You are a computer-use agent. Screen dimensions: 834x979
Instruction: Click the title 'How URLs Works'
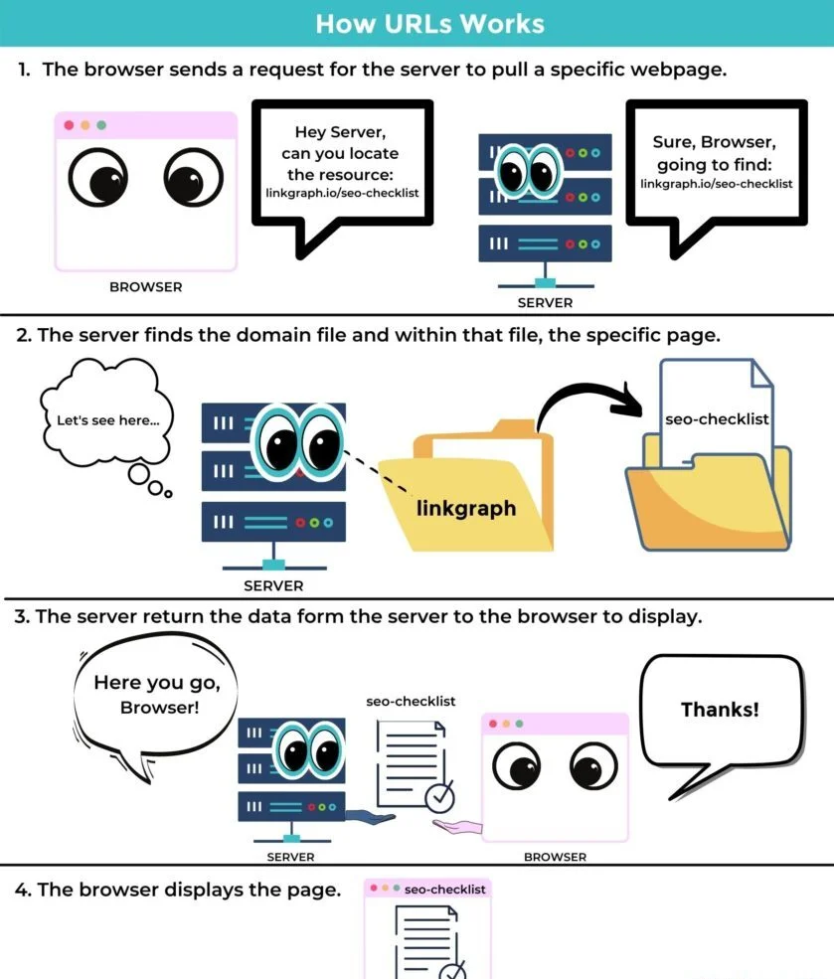[429, 24]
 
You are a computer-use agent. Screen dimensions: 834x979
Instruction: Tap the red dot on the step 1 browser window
[70, 125]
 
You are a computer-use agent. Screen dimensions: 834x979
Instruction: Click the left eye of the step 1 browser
[98, 178]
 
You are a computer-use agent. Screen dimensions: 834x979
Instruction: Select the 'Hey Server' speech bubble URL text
[342, 193]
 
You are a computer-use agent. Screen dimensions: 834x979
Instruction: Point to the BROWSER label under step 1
[146, 287]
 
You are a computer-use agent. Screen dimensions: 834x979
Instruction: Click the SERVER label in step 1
[545, 303]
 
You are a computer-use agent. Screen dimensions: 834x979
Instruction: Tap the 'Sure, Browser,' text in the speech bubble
[715, 142]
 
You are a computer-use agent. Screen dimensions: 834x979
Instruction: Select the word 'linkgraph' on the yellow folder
[466, 508]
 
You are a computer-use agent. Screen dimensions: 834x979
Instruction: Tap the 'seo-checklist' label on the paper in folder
[717, 419]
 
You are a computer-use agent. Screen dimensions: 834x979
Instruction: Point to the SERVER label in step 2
[273, 586]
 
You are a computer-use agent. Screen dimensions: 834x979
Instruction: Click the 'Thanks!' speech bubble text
[720, 710]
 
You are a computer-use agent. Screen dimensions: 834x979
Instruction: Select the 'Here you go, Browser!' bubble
[156, 696]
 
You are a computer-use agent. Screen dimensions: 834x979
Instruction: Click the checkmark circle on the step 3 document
[439, 797]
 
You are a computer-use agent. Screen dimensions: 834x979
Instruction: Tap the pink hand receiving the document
[457, 827]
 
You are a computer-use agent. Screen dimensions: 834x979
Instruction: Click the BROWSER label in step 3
[555, 858]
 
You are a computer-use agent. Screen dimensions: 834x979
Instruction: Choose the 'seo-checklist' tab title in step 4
[444, 890]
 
